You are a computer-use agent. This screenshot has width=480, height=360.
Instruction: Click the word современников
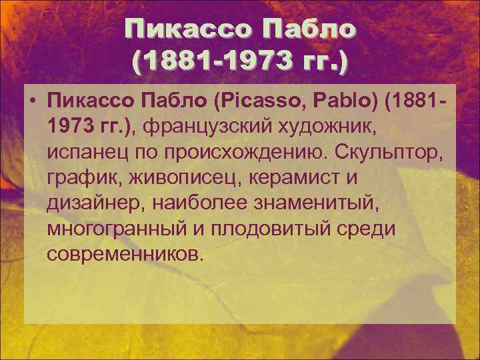click(123, 255)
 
